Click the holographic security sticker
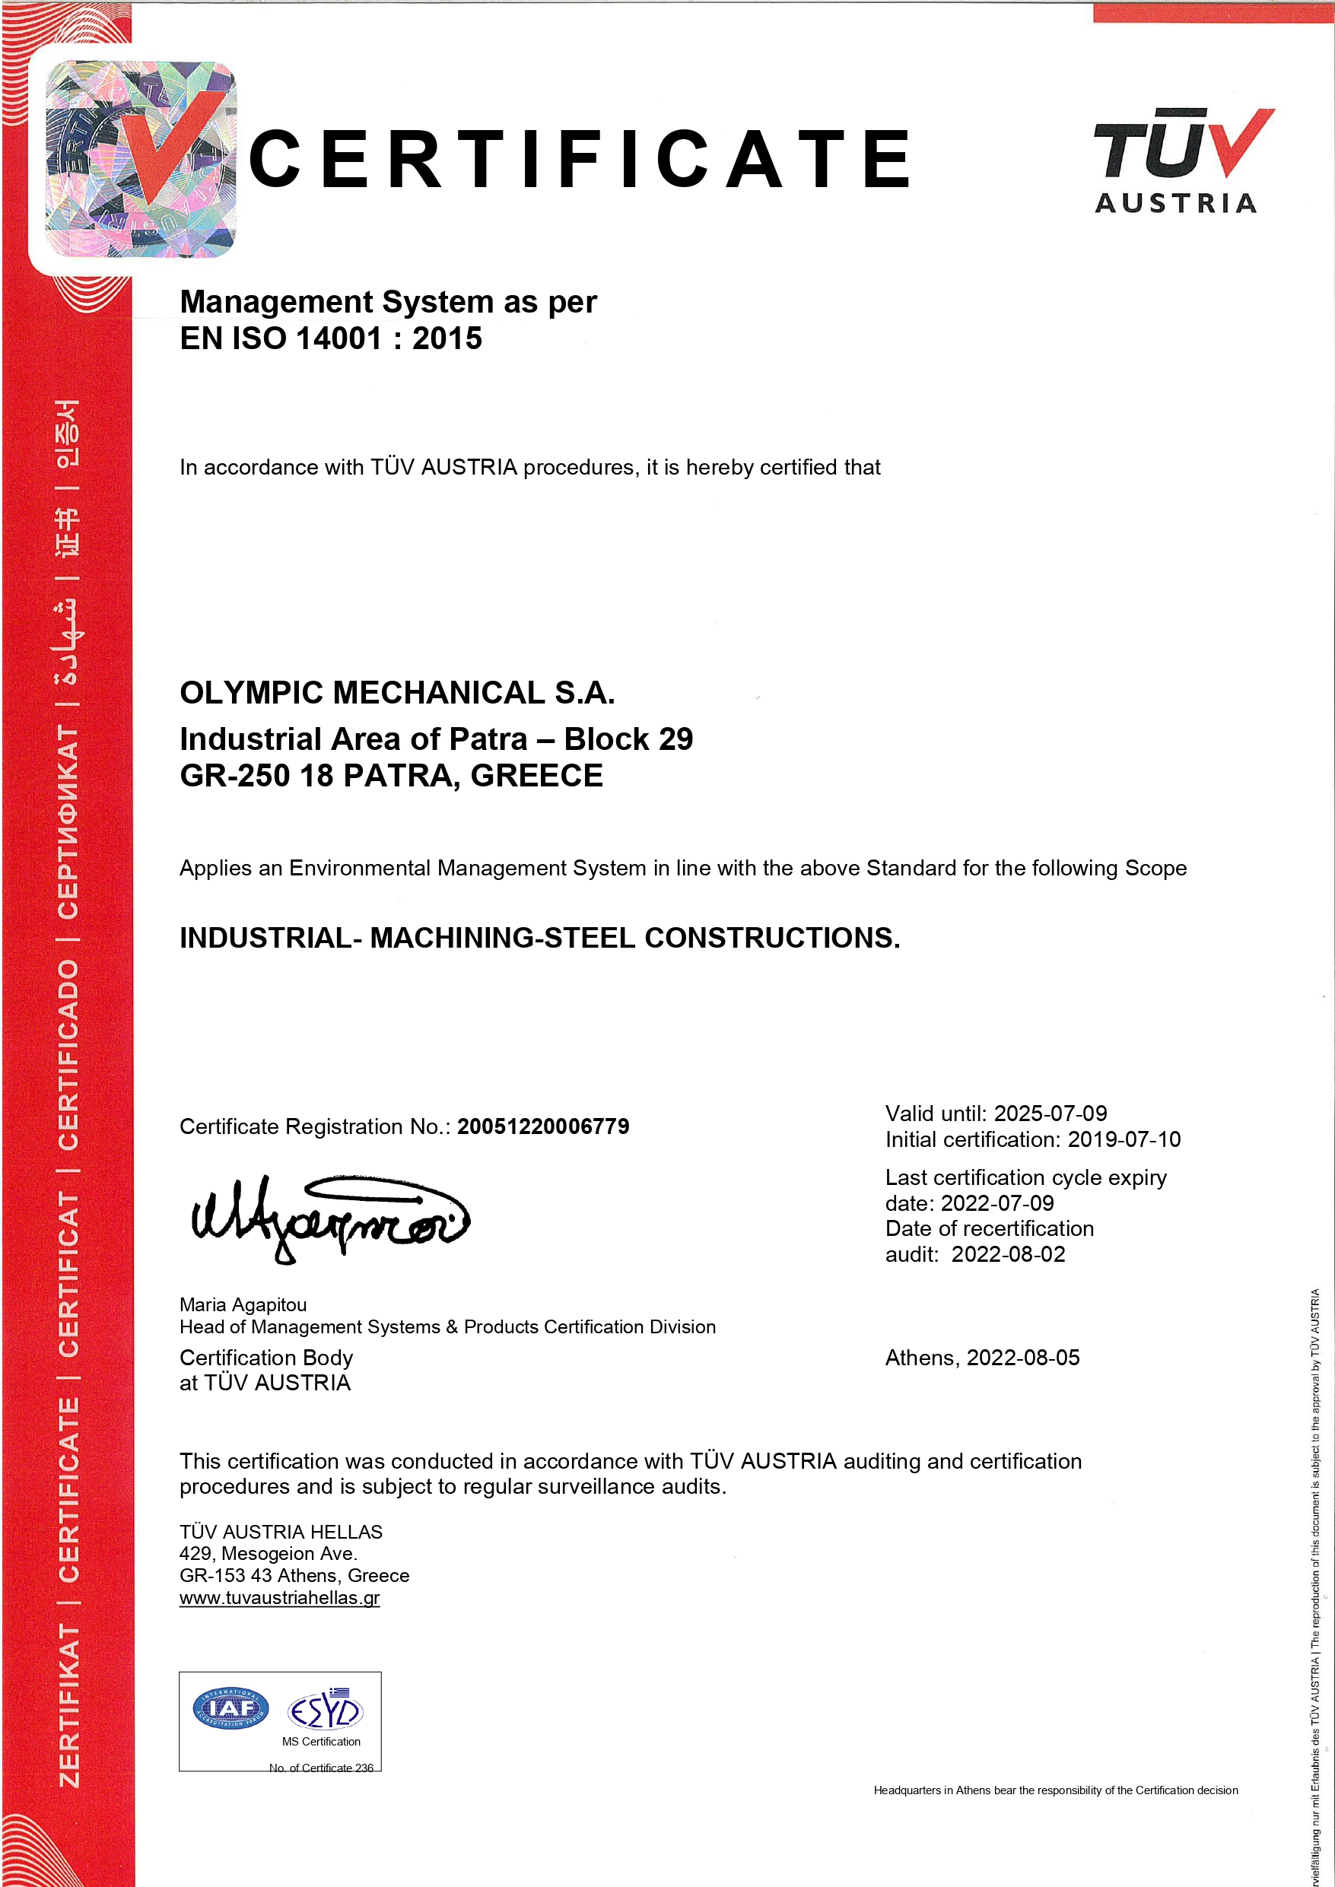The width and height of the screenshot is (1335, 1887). pos(141,159)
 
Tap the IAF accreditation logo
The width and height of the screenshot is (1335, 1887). pos(230,1708)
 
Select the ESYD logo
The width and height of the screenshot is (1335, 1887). pos(325,1710)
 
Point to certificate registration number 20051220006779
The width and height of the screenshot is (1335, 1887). pos(542,1126)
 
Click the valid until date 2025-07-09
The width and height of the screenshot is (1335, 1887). pos(1050,1113)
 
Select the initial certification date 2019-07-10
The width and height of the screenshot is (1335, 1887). pos(1124,1139)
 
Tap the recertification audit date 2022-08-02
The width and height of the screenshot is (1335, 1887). pos(1008,1254)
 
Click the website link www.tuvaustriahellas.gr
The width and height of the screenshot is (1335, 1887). pos(279,1598)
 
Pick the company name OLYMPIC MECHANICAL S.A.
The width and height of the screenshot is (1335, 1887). pos(397,693)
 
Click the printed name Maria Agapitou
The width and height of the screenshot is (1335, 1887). pos(243,1304)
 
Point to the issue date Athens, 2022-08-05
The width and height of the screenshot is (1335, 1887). pos(981,1358)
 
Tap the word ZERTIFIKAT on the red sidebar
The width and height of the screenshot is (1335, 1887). pos(68,1706)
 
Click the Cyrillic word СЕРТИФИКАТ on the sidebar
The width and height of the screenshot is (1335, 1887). pos(68,822)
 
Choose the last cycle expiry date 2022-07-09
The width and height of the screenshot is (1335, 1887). pos(996,1203)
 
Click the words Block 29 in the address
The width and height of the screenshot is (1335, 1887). pos(628,739)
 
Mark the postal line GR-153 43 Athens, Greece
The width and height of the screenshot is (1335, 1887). pos(294,1575)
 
